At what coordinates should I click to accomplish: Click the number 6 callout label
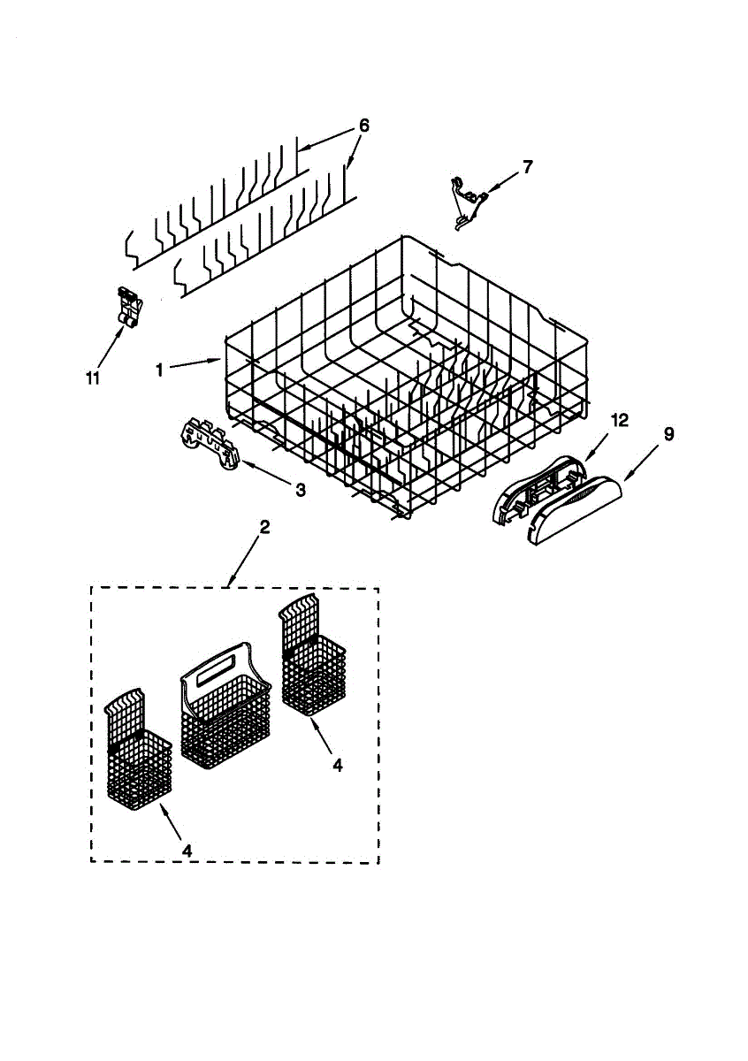(363, 126)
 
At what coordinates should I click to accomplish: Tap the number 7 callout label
(528, 166)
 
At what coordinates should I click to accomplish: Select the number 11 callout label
(93, 378)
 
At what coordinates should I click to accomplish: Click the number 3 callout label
(301, 489)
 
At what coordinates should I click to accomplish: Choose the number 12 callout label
(620, 422)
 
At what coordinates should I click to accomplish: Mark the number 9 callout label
(668, 434)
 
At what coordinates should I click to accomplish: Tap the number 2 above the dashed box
(264, 528)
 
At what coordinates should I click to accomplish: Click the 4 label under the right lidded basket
(338, 765)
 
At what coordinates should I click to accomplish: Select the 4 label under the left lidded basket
(187, 849)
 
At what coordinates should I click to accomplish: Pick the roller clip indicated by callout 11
(129, 309)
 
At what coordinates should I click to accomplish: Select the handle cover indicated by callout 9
(575, 508)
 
